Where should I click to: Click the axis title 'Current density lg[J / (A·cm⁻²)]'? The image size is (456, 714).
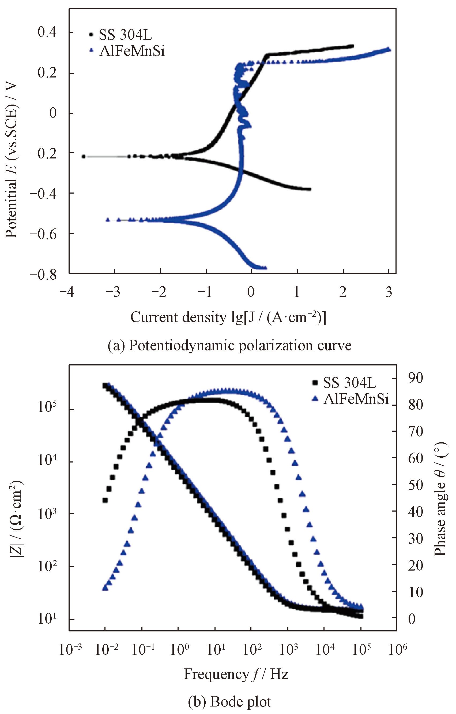pos(228,317)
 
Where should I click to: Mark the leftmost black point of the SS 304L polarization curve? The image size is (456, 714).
pos(84,156)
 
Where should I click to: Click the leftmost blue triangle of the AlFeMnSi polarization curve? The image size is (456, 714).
pos(108,220)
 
